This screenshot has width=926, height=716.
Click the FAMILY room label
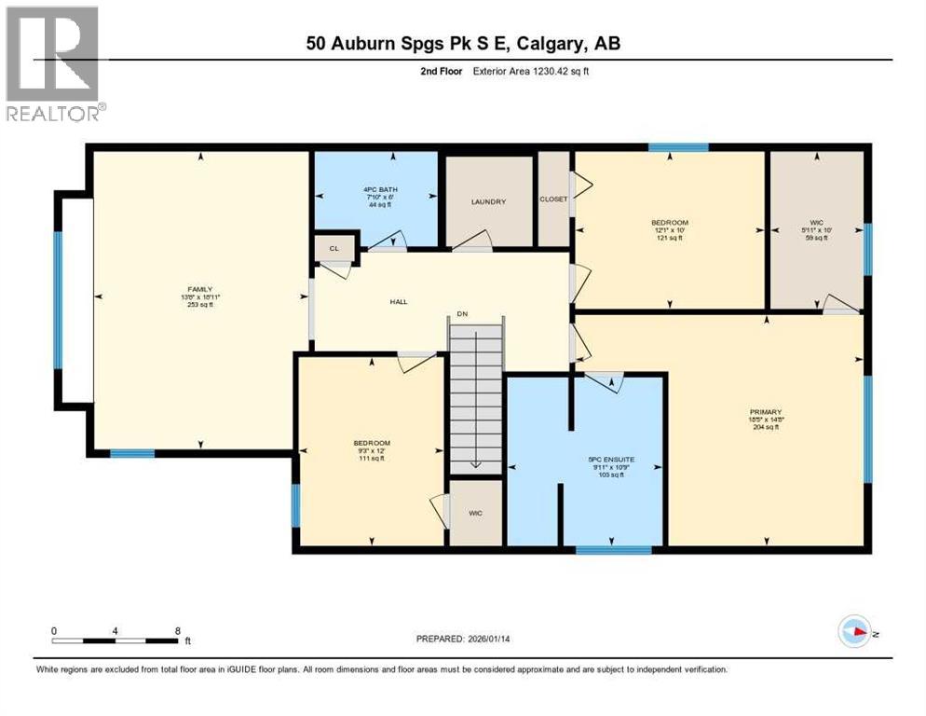coord(199,290)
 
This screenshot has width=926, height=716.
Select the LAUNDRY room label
coord(488,201)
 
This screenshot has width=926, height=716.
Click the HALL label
coord(399,301)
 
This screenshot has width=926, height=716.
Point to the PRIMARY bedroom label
coord(765,411)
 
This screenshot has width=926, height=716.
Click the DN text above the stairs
coord(460,314)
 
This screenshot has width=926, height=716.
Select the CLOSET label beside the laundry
coord(553,199)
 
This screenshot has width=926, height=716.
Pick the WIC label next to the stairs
coord(475,513)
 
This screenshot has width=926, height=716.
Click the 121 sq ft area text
coord(669,238)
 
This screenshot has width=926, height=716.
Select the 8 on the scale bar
coord(177,630)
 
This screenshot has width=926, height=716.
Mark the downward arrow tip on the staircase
coord(476,465)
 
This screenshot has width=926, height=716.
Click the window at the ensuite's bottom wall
coord(612,550)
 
